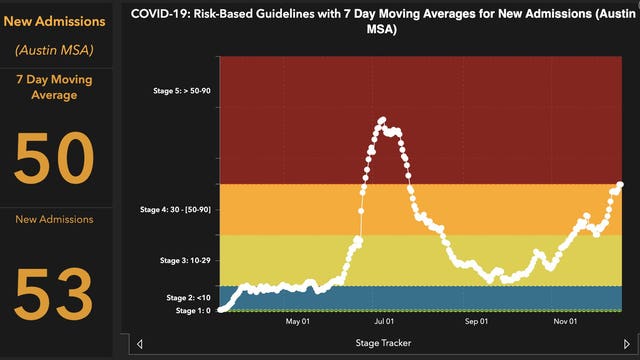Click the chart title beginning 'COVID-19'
(375, 22)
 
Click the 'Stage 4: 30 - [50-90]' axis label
(172, 209)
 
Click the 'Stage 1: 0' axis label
(193, 311)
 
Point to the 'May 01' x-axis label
(298, 322)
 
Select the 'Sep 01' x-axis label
(476, 322)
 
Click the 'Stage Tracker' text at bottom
(383, 343)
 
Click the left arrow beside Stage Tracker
(139, 344)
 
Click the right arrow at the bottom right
(626, 344)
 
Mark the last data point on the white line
(621, 184)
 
